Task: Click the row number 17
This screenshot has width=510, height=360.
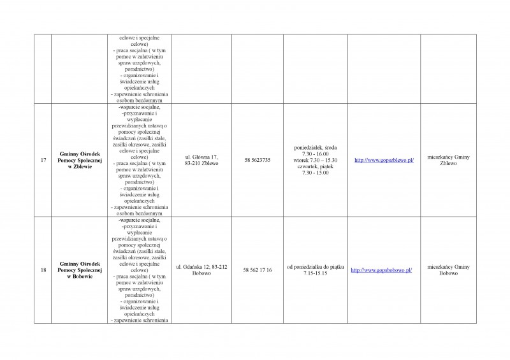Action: [43, 160]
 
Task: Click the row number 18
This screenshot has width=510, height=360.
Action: [43, 270]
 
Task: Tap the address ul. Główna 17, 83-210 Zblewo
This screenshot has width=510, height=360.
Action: [201, 160]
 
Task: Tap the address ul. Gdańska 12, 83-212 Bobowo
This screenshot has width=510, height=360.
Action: [201, 270]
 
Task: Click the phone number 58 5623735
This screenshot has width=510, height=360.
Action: [258, 160]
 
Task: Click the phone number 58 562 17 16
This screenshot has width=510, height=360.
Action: [258, 270]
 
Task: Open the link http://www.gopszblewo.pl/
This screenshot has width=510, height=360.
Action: [384, 160]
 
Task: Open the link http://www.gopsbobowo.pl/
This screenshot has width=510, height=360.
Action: [381, 270]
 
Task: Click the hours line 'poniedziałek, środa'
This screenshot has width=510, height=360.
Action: [316, 147]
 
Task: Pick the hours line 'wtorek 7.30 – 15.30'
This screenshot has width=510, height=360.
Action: [316, 160]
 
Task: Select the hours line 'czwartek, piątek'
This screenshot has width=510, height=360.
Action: [316, 166]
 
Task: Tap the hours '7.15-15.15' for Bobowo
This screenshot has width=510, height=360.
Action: [316, 273]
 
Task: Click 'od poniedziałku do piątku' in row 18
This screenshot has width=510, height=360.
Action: [316, 266]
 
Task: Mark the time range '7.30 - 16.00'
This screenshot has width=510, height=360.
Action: [316, 154]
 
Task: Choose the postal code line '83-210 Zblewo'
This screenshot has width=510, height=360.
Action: [201, 163]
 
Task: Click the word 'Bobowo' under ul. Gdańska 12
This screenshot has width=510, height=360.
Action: [201, 273]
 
